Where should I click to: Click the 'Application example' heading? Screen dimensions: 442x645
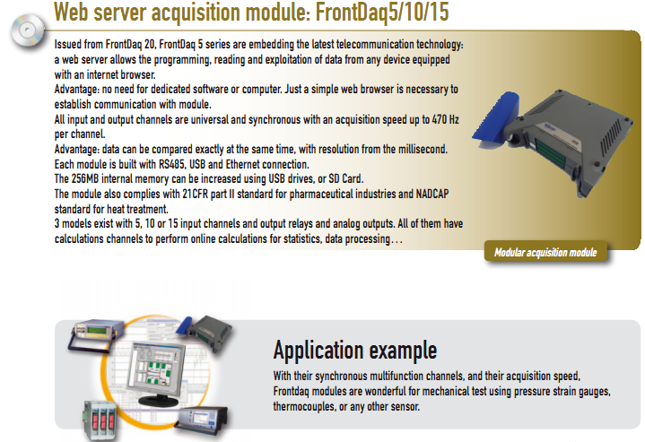point(354,350)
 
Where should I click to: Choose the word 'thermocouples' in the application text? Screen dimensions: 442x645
point(310,406)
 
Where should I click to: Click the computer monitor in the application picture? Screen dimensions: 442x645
point(161,368)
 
